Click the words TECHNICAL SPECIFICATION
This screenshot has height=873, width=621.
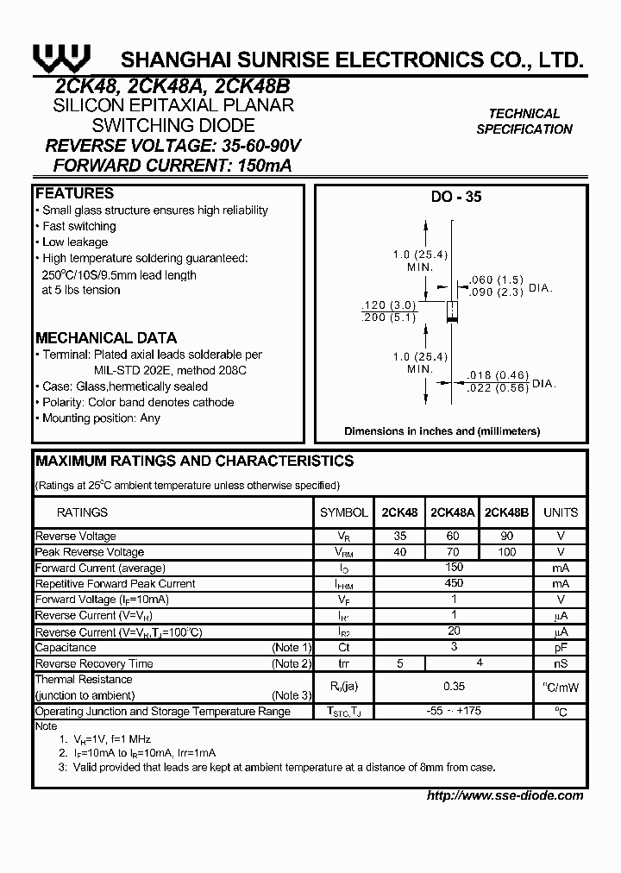pos(524,122)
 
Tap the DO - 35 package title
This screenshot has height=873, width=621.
pos(456,197)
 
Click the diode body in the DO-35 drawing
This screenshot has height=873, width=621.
pos(449,311)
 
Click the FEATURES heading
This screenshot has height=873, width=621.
pos(75,193)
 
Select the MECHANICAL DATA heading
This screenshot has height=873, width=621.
pos(106,338)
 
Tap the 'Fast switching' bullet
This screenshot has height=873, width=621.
pos(78,226)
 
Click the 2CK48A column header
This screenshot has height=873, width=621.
pos(453,512)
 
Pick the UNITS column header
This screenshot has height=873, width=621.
pos(561,512)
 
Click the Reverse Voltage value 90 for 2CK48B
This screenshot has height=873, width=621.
pos(507,537)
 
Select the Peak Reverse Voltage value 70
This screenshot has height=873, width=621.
pos(453,552)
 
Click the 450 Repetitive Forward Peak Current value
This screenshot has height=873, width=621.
pos(454,584)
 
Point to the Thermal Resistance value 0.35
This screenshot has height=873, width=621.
pos(454,687)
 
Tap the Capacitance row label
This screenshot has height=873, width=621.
pos(66,647)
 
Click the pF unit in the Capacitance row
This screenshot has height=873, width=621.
pos(561,647)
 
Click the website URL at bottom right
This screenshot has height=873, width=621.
pos(505,795)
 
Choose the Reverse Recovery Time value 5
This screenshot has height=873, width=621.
pos(399,663)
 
